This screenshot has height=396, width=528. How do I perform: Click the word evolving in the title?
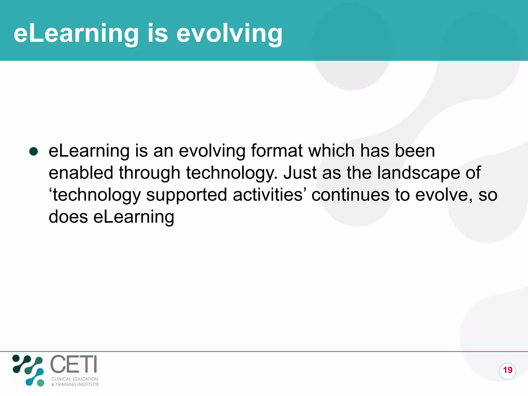click(x=229, y=34)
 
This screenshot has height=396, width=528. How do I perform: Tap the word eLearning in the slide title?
click(x=76, y=34)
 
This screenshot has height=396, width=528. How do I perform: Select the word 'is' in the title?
click(x=158, y=34)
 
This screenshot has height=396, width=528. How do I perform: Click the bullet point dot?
click(x=34, y=151)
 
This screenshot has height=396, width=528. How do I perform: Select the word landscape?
click(x=418, y=173)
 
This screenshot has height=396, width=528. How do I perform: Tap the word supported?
click(x=186, y=195)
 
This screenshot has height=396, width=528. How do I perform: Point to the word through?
click(x=149, y=173)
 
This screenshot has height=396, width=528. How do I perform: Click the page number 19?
click(x=507, y=370)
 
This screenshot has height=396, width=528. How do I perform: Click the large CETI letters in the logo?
click(x=73, y=364)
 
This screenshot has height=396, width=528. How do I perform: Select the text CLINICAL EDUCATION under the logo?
click(x=75, y=379)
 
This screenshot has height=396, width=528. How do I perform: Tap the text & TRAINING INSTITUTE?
click(x=75, y=384)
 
